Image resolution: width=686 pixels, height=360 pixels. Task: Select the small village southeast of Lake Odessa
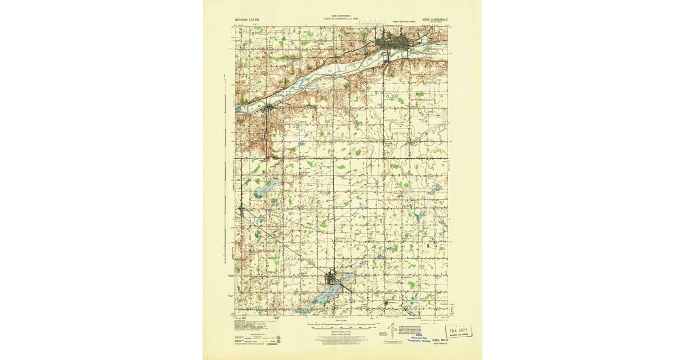coord(386,303)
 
